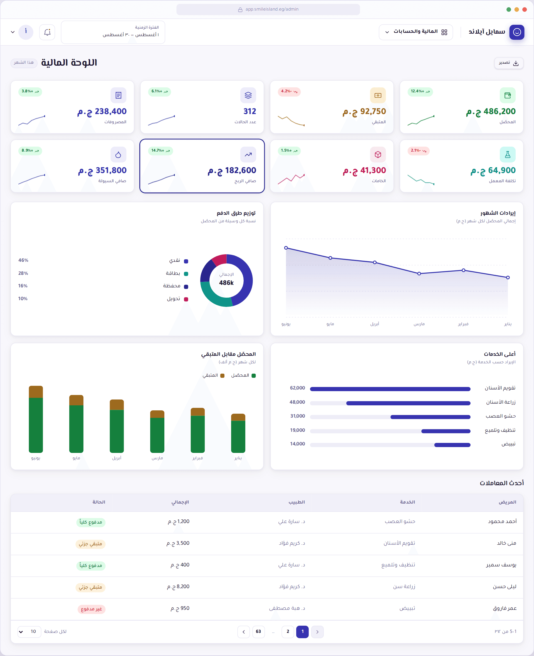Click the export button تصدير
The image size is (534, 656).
[508, 63]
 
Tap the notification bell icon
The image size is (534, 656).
[47, 32]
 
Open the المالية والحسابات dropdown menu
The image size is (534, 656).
[416, 32]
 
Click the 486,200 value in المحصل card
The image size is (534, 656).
[491, 111]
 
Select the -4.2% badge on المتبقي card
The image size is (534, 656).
[289, 91]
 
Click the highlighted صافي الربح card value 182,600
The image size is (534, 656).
[232, 171]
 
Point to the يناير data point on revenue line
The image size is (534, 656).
[508, 278]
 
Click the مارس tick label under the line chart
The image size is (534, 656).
[419, 324]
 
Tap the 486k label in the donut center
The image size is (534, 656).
[226, 283]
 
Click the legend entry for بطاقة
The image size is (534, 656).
[177, 273]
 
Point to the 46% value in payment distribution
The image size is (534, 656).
[23, 260]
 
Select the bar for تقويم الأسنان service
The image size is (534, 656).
[390, 389]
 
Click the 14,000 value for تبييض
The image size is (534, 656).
[297, 444]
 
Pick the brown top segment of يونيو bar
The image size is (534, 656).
[36, 392]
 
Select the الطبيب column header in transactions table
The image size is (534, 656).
[296, 502]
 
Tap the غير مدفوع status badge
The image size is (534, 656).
[91, 609]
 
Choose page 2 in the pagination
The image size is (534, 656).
[288, 632]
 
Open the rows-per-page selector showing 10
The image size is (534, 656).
[29, 632]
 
